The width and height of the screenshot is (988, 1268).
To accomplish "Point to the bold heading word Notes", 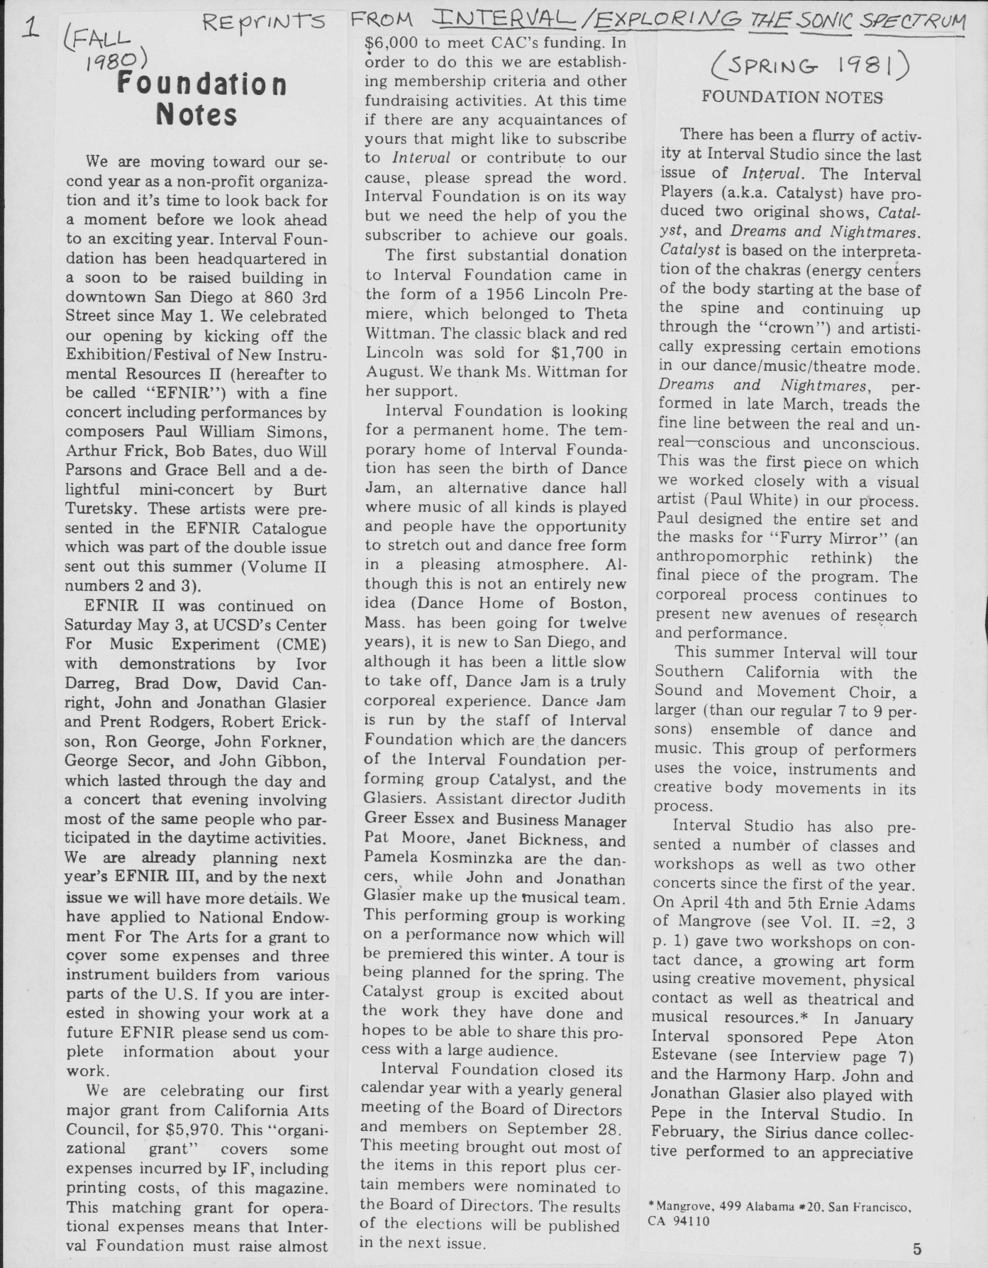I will point(198,114).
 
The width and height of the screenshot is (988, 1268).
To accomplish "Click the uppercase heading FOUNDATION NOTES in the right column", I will point(792,97).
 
